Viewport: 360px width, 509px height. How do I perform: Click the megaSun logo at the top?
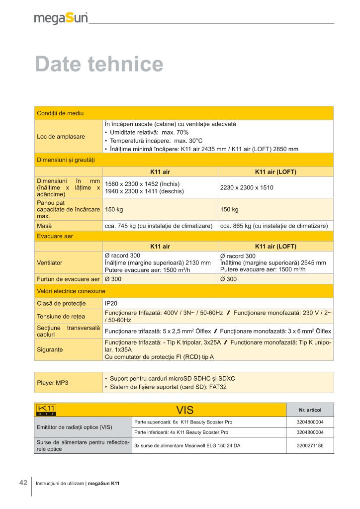[x=61, y=18]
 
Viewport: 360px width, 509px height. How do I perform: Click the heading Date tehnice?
[x=99, y=64]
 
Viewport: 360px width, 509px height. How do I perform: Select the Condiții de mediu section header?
[x=61, y=113]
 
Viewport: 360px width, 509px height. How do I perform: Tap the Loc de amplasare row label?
[x=61, y=136]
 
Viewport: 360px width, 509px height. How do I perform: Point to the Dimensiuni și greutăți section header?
[x=66, y=160]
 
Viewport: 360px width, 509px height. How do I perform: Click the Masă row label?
[x=45, y=226]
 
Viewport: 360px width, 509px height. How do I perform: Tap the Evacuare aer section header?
[x=55, y=236]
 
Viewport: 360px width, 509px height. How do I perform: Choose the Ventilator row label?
[x=50, y=262]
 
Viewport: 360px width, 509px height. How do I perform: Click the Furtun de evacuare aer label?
[x=69, y=279]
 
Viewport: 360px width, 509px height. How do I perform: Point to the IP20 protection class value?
[x=111, y=303]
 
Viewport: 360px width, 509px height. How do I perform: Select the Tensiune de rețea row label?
[x=61, y=316]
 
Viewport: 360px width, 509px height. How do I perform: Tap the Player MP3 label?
[x=53, y=383]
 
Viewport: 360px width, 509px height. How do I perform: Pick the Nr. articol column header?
[x=310, y=410]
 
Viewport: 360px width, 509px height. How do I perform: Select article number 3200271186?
[x=310, y=446]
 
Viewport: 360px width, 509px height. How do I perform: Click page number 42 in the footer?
[x=23, y=483]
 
